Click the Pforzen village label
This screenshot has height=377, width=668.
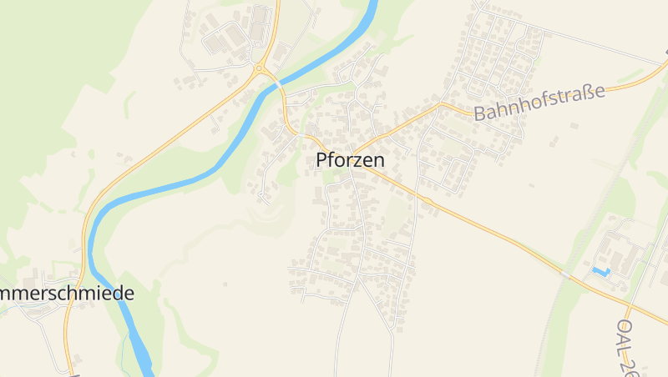coord(350,160)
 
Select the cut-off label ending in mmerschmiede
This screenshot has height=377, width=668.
coord(67,294)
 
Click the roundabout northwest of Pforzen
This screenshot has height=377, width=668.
coord(260,68)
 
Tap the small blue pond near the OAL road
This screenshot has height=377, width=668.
coord(600,271)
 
